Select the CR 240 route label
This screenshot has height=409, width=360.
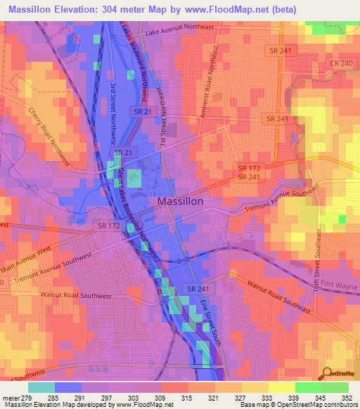[x=343, y=63]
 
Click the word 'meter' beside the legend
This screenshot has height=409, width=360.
[x=11, y=398]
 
